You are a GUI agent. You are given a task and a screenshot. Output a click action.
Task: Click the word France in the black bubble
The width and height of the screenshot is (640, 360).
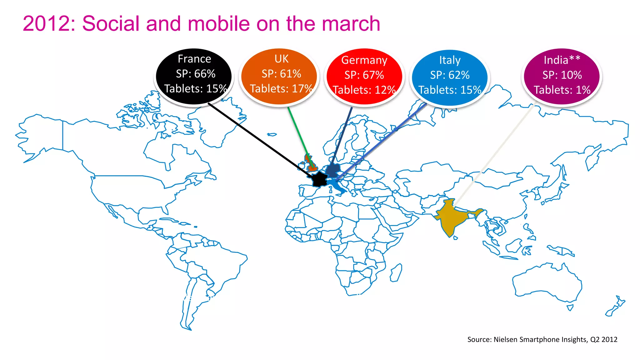(x=194, y=59)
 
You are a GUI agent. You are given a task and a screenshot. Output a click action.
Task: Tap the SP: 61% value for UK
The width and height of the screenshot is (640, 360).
(x=281, y=74)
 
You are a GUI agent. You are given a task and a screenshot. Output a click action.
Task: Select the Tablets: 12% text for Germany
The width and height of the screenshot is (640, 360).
(x=364, y=90)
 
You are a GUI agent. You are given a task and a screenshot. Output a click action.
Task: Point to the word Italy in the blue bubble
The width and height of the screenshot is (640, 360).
(x=450, y=60)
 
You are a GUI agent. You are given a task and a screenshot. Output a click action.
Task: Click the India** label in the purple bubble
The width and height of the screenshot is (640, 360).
(x=562, y=60)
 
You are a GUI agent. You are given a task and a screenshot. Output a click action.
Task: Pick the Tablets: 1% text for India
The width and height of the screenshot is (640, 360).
(x=562, y=90)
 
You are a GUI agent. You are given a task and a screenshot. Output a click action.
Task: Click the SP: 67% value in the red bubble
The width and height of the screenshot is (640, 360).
(x=364, y=75)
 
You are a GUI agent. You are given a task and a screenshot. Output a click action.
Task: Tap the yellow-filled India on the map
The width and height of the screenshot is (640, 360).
(x=450, y=219)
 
